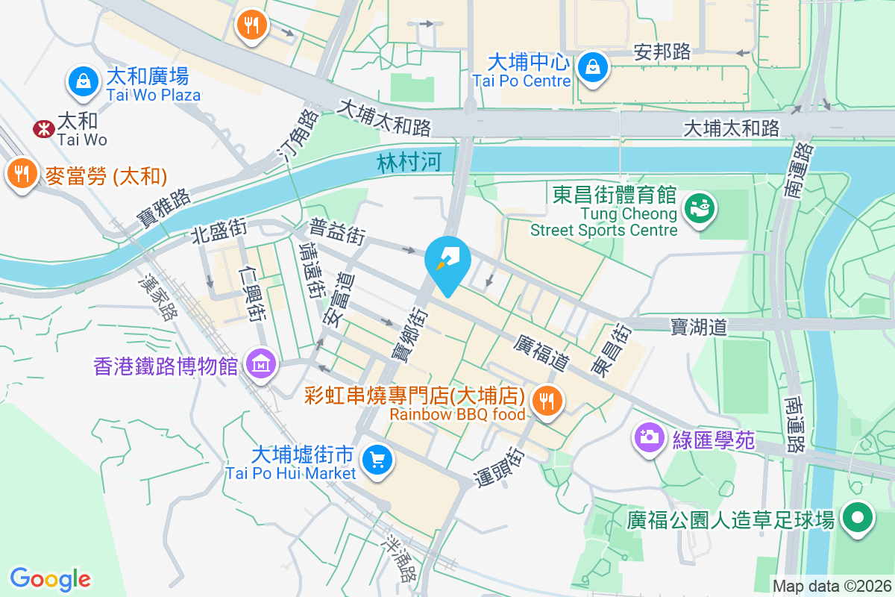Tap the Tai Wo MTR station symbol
pyautogui.click(x=43, y=129)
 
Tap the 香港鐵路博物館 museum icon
pyautogui.click(x=260, y=363)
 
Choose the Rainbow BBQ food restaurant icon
pyautogui.click(x=547, y=401)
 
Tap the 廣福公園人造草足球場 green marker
pyautogui.click(x=858, y=516)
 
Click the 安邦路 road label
pyautogui.click(x=662, y=51)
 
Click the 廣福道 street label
pyautogui.click(x=541, y=351)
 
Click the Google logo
pyautogui.click(x=50, y=578)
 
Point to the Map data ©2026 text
pyautogui.click(x=831, y=587)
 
